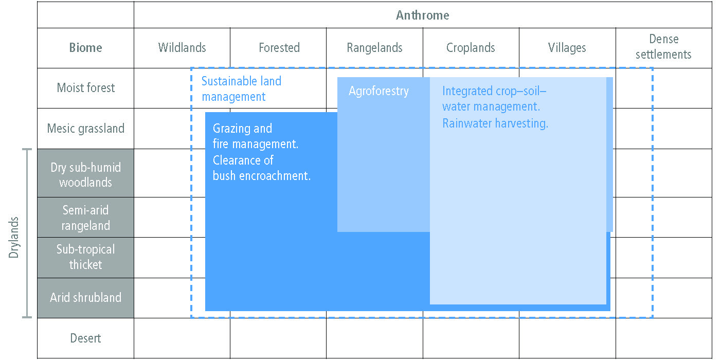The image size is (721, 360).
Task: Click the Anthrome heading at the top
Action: pos(422,15)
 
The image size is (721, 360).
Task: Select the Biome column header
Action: pos(85,48)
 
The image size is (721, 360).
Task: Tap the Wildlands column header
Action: pos(182,48)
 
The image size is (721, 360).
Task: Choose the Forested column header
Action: pos(279,48)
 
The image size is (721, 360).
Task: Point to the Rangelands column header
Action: pos(374,48)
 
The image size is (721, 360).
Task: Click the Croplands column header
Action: pos(470,48)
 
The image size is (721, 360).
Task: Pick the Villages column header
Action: pos(567,48)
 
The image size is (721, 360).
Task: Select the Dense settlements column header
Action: pos(663,47)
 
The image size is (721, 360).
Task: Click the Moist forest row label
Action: pos(85,87)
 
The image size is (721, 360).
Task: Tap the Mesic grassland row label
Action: pos(85,129)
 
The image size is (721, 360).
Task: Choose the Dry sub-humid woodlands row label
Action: pos(85,175)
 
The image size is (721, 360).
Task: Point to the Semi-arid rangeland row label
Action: pos(85,218)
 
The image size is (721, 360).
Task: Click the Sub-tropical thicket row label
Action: pos(85,257)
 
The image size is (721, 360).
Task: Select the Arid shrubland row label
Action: pos(85,298)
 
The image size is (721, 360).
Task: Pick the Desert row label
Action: pos(85,338)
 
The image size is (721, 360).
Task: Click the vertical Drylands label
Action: pos(13,237)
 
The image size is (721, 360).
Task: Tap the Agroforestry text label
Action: pos(378,91)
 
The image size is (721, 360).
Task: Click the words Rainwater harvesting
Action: pos(495,123)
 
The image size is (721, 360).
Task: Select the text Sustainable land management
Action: pos(241,89)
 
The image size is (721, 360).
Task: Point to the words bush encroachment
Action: pos(262,176)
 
